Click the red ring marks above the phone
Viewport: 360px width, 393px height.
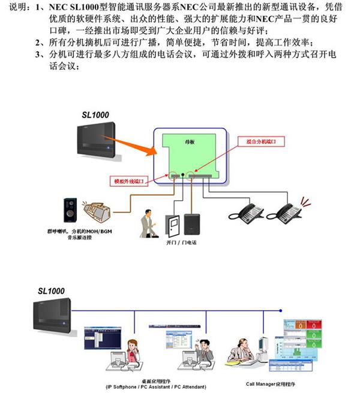tap(305, 202)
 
